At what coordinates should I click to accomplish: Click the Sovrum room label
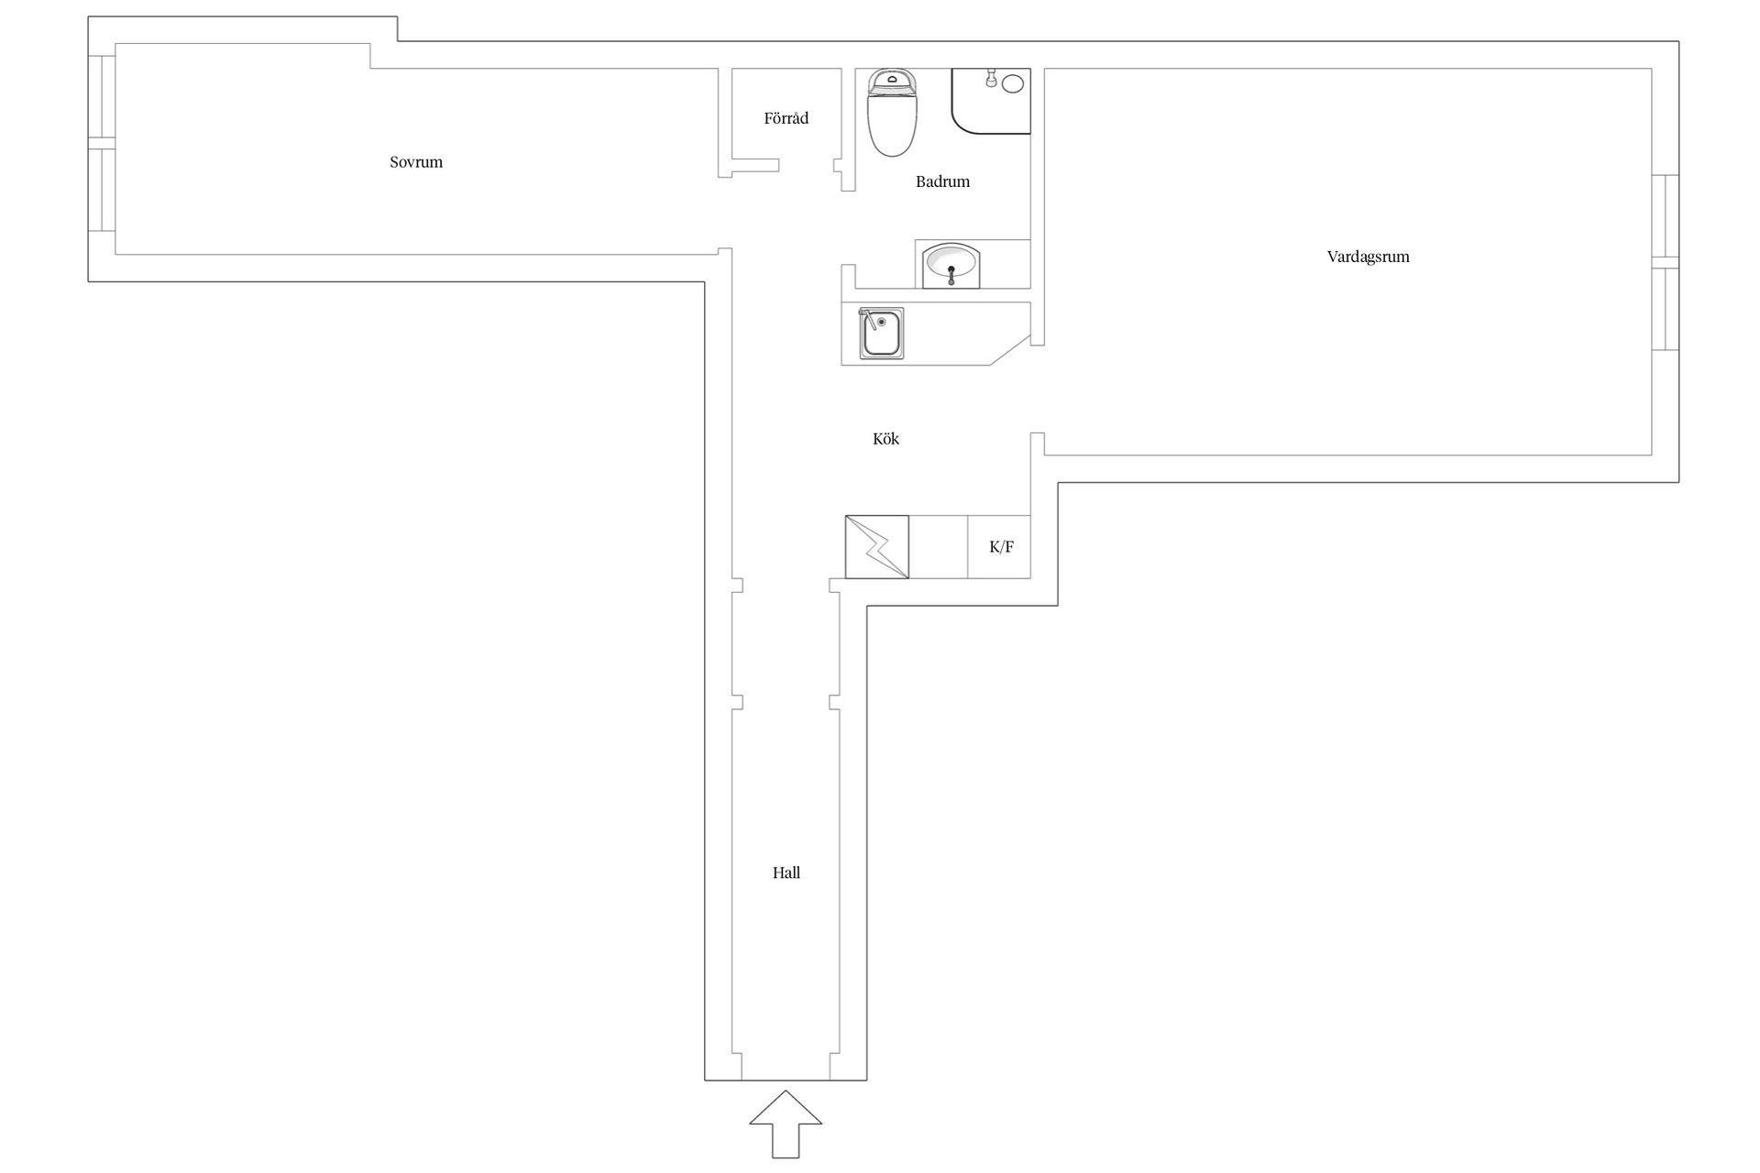tap(416, 162)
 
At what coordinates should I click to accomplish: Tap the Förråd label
tap(786, 118)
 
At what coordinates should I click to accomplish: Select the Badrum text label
tap(942, 181)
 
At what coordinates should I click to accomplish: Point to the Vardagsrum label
tap(1368, 257)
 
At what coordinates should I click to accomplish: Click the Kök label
tap(885, 439)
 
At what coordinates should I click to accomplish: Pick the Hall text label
tap(786, 873)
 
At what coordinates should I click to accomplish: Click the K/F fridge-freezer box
tap(999, 547)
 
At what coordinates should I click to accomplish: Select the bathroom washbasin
tap(951, 265)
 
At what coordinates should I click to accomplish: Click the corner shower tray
tap(991, 101)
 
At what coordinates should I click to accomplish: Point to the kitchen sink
tap(881, 333)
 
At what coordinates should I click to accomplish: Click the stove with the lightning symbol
tap(877, 547)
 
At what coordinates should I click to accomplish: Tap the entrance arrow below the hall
tap(786, 1124)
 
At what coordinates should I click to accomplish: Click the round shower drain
tap(1013, 84)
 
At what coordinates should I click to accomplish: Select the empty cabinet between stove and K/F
tap(939, 547)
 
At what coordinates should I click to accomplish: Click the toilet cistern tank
tap(892, 82)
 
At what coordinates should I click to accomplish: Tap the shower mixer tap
tap(991, 80)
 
